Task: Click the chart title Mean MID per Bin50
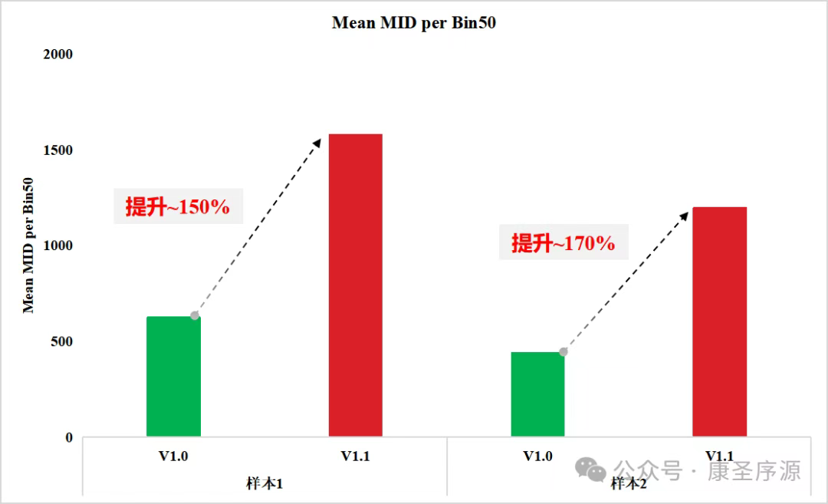(x=413, y=23)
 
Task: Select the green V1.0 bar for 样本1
(x=173, y=377)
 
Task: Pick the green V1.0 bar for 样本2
(x=537, y=394)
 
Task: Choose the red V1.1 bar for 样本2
(x=719, y=321)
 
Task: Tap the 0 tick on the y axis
(x=68, y=438)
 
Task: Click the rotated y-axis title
(x=28, y=245)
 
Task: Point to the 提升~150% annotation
(x=178, y=206)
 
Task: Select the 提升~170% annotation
(x=563, y=243)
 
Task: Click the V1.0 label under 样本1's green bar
(x=173, y=456)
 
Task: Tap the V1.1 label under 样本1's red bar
(x=356, y=456)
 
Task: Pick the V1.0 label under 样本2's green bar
(x=537, y=456)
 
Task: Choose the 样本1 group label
(x=264, y=484)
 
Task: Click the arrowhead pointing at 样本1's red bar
(x=317, y=142)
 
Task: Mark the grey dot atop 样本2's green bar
(x=563, y=352)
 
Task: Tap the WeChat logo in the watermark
(x=591, y=469)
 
